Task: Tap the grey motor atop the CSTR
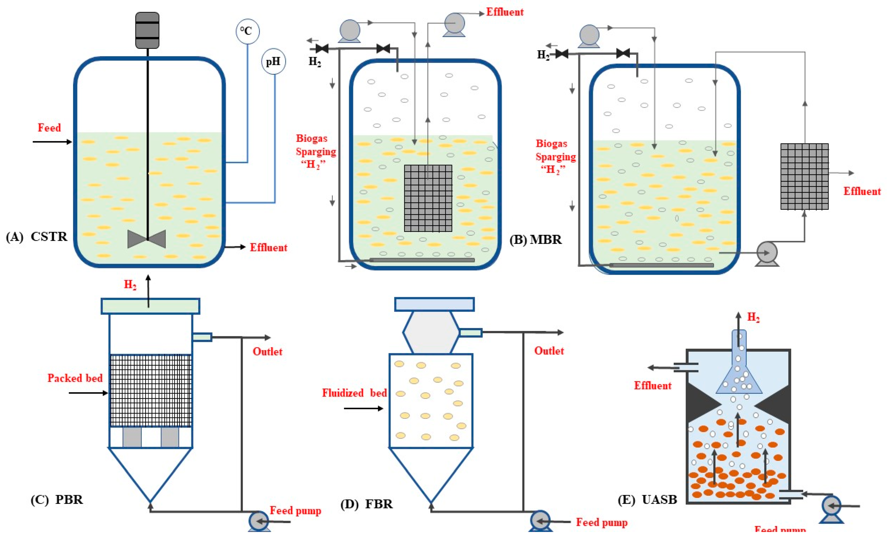147,30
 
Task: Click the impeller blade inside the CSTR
147,239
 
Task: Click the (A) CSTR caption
37,237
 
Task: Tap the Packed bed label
75,378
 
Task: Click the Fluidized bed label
354,393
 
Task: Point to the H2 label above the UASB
753,317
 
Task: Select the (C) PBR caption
57,500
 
